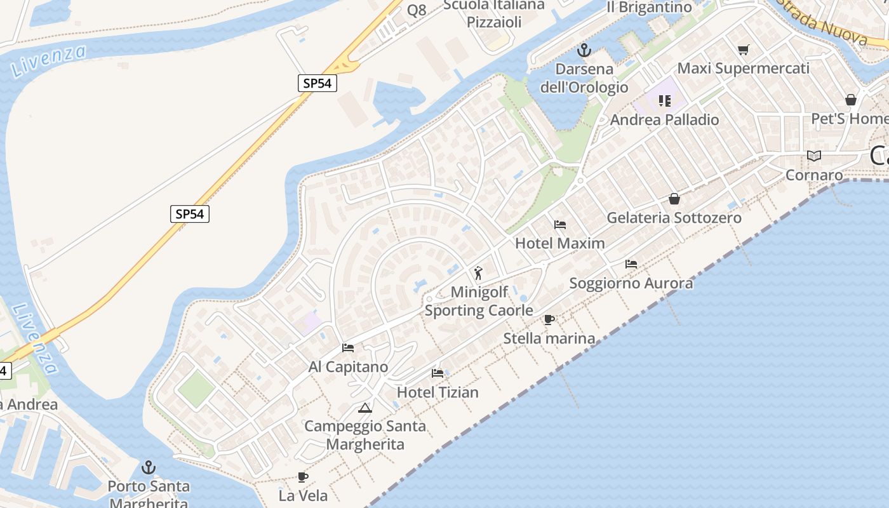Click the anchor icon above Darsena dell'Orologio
tap(584, 50)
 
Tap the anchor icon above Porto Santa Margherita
tap(148, 468)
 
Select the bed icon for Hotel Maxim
tap(559, 225)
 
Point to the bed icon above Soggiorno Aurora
tap(631, 264)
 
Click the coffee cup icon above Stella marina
tap(549, 319)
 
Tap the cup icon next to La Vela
tap(303, 477)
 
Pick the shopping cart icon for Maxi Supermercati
tap(743, 50)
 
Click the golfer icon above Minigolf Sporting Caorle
tap(478, 274)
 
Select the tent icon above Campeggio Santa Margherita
tap(364, 408)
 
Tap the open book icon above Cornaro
tap(813, 156)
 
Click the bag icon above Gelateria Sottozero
tap(674, 199)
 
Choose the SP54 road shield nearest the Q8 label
tap(317, 83)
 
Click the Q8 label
tap(417, 10)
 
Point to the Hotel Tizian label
tap(438, 392)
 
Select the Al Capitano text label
tap(348, 367)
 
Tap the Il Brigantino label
tap(649, 8)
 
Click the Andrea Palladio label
tap(664, 120)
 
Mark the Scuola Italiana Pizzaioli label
tap(494, 13)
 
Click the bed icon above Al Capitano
tap(348, 348)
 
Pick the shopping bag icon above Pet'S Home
tap(851, 100)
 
